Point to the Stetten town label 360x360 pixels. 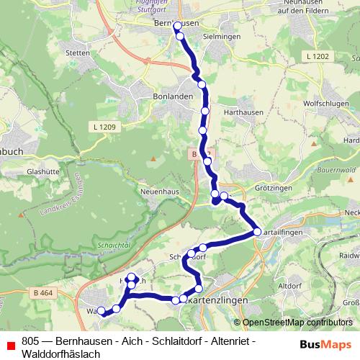click(96, 53)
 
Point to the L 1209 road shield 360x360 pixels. click(104, 127)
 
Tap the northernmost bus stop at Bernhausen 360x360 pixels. click(178, 27)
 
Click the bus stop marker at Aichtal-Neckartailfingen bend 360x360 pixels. click(257, 232)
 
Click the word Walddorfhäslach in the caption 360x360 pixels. click(60, 354)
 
